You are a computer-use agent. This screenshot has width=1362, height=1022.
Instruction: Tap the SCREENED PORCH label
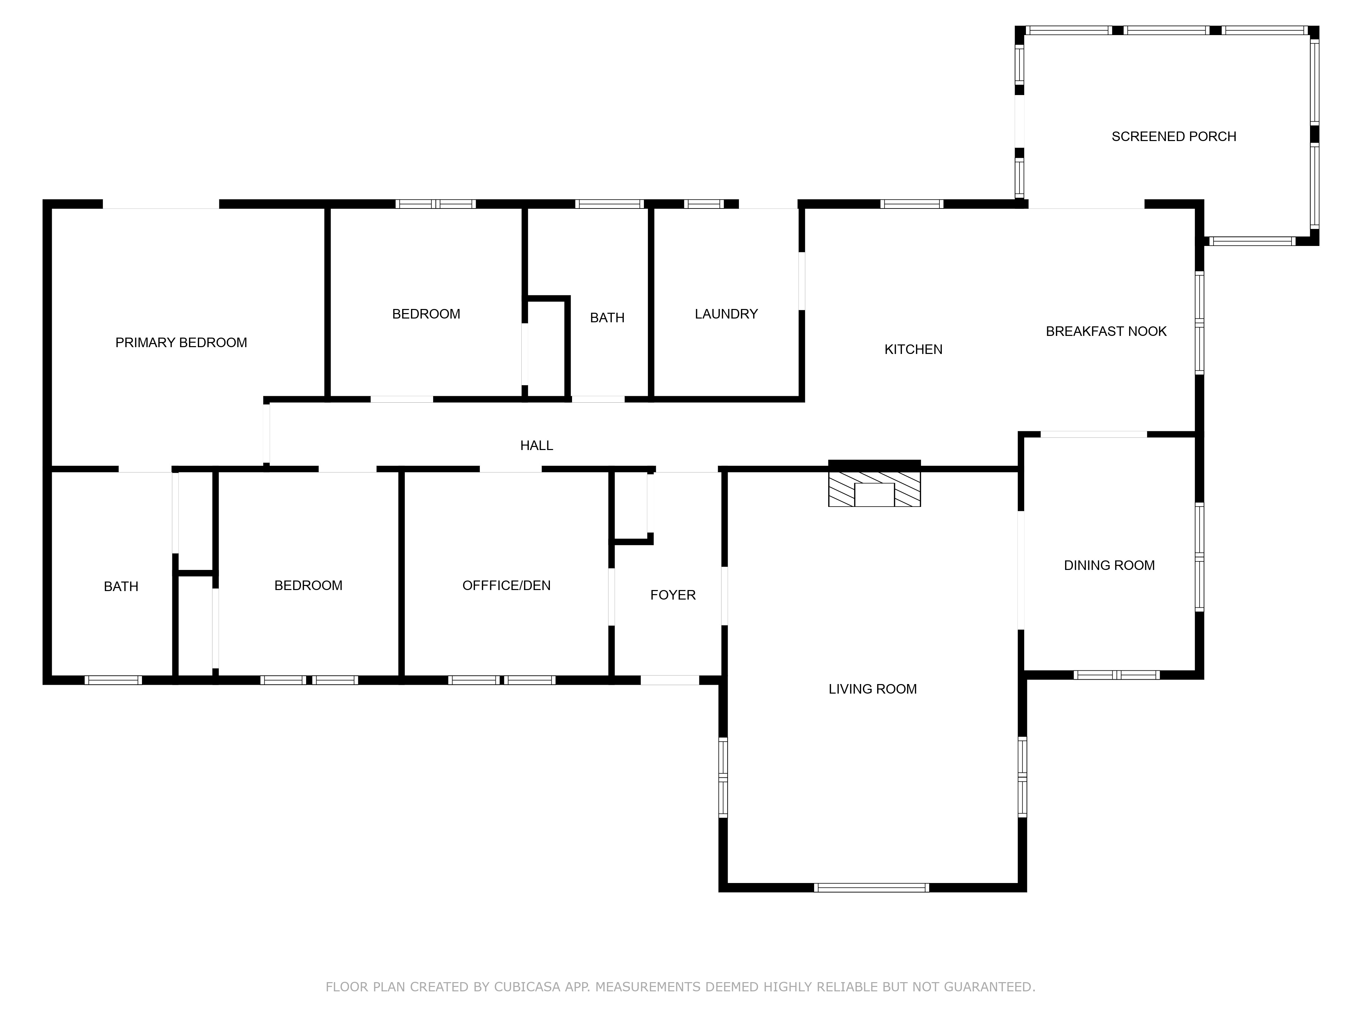1174,137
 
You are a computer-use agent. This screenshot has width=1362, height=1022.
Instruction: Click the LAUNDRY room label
726,314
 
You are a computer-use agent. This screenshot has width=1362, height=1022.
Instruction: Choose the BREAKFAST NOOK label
1106,331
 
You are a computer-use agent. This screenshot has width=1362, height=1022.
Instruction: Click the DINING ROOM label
1109,566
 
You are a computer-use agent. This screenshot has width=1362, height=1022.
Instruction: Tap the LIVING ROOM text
872,690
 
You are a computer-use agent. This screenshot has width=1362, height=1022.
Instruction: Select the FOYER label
673,595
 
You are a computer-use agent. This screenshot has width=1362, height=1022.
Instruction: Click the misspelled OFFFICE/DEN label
506,586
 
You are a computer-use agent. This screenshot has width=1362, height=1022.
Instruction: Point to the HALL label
536,445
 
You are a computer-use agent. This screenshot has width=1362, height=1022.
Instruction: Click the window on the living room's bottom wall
871,888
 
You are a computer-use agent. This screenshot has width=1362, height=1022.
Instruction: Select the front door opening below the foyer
670,680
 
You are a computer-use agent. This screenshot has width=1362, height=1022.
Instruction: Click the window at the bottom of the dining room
1116,675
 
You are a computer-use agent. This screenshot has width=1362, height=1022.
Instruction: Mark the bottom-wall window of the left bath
113,680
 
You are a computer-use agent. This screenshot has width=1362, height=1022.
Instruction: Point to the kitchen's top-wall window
911,204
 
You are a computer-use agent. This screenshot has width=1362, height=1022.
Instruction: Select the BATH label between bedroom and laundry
607,318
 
